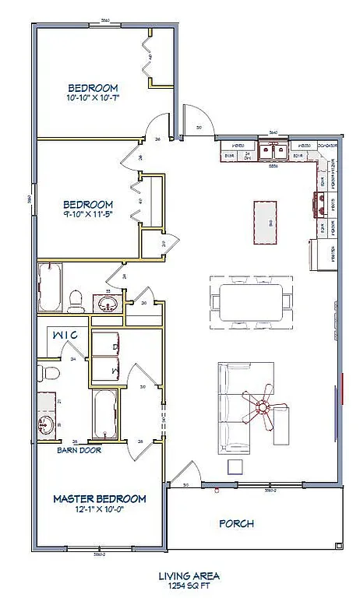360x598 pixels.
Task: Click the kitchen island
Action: point(266,223)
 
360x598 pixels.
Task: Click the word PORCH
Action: point(235,524)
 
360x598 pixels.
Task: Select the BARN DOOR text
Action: point(80,449)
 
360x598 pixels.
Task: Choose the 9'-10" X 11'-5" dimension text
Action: point(94,215)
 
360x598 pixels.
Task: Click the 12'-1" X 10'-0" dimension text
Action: point(99,509)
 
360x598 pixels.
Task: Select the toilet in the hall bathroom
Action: point(76,298)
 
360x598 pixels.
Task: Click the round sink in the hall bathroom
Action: point(106,303)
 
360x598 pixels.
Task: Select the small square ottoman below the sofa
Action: point(235,466)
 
